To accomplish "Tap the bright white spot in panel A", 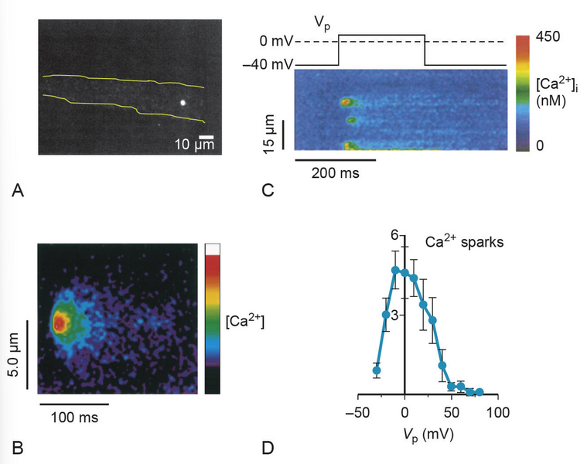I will coord(183,101).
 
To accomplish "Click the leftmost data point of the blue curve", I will coord(377,370).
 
